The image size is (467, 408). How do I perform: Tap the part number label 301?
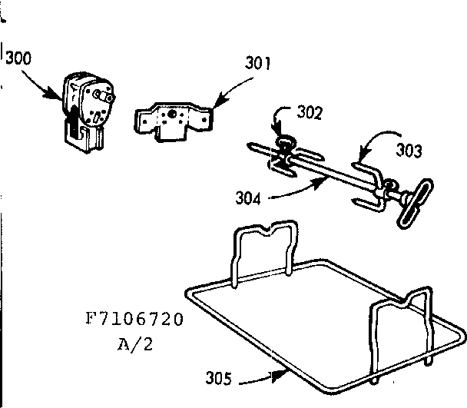click(258, 63)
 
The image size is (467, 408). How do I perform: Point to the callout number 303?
click(409, 151)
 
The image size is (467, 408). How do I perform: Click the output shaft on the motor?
click(108, 97)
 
